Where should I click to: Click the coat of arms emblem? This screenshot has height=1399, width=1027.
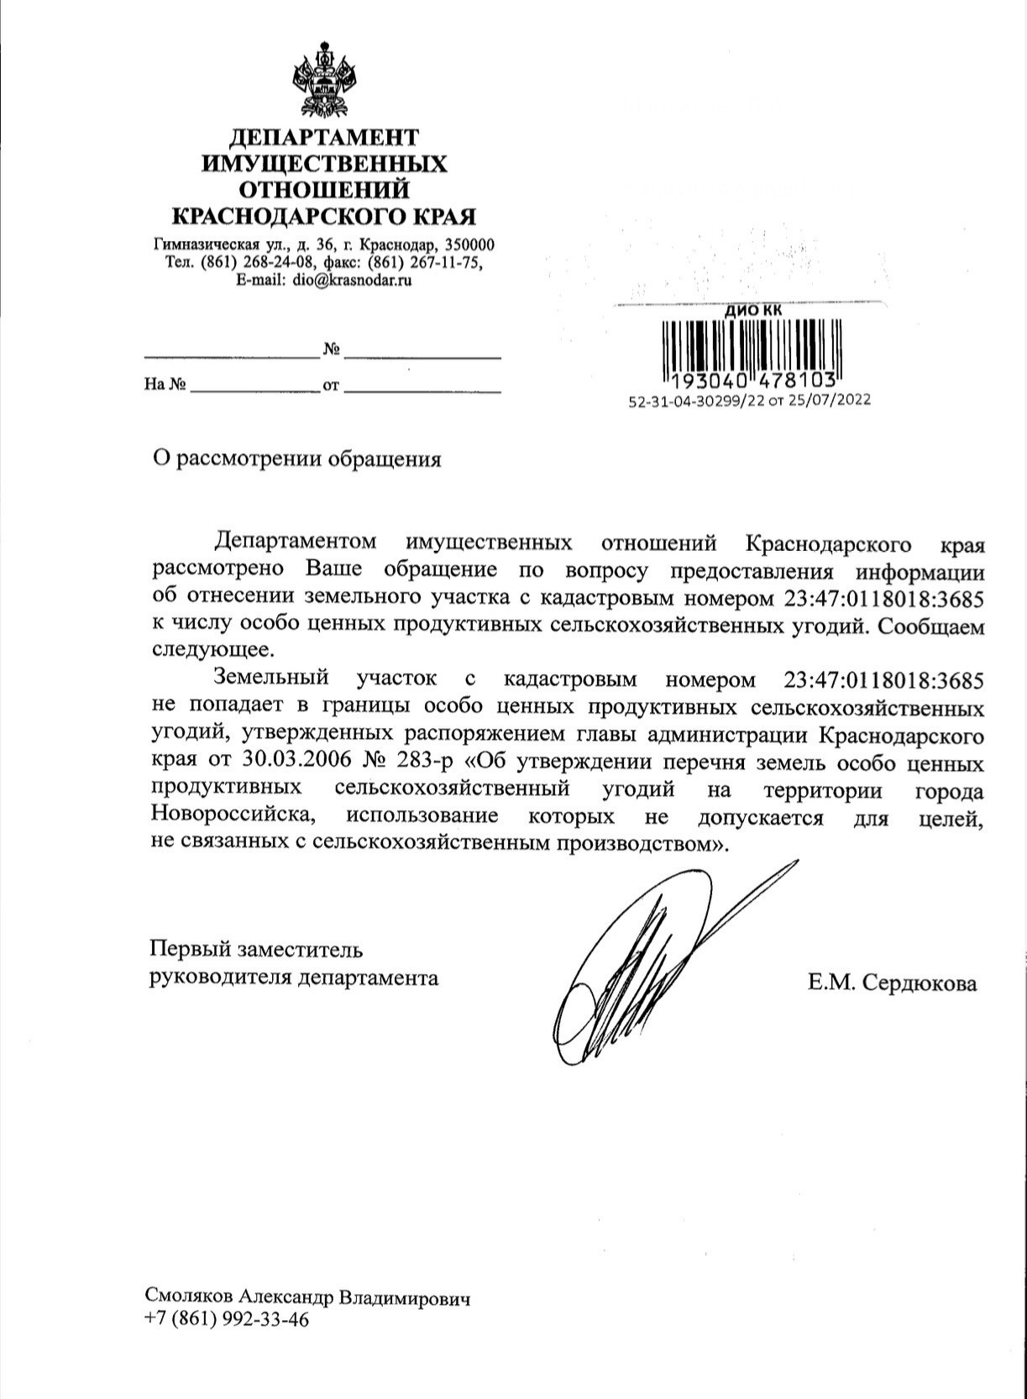point(324,81)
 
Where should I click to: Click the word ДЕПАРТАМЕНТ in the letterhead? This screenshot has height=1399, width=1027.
point(323,137)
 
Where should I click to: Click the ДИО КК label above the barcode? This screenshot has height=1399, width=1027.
point(753,310)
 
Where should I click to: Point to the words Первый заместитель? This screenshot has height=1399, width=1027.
point(256,950)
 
